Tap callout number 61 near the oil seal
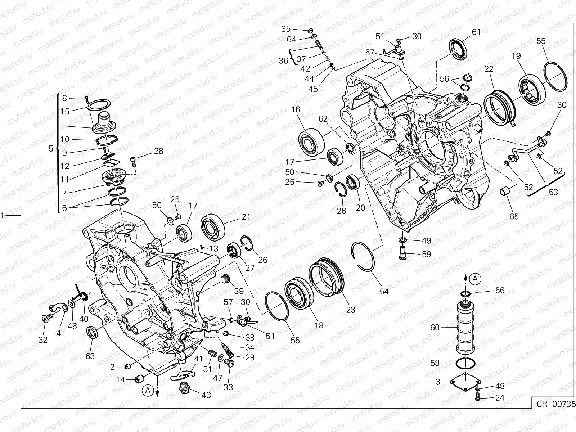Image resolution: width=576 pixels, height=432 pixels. (476, 32)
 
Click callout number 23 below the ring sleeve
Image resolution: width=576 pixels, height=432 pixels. (350, 310)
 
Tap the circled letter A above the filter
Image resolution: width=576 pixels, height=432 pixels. (475, 278)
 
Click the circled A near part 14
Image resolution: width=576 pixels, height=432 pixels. (147, 389)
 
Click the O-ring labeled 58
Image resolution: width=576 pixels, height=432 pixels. (464, 364)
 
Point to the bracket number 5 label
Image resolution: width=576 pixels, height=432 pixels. (51, 148)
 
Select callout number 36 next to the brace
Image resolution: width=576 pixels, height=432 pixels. (283, 60)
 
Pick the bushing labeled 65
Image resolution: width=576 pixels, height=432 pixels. (504, 191)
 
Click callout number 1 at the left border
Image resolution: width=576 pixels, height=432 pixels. (3, 215)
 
